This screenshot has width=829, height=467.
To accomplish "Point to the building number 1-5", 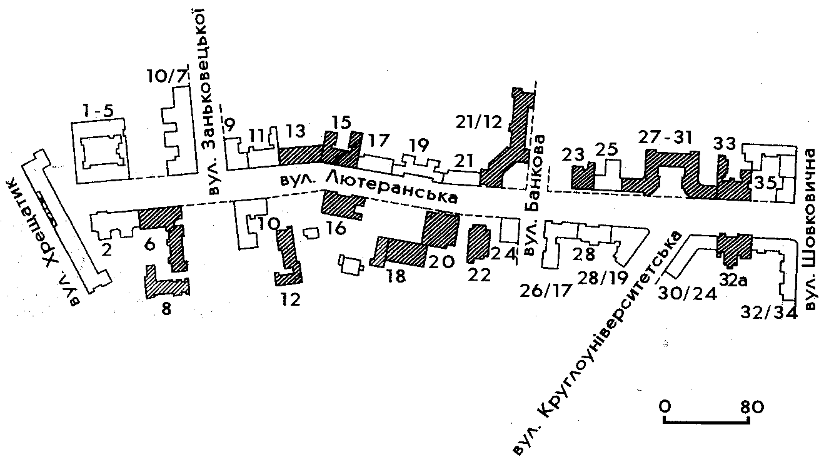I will click(98, 111).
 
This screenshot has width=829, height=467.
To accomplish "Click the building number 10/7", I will click(166, 78).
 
